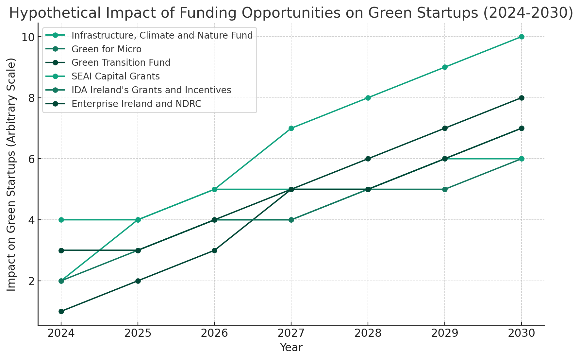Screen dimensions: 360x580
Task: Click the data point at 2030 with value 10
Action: (x=522, y=37)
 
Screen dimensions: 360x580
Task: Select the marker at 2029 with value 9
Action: (x=445, y=67)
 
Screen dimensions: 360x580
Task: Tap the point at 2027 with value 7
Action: (x=291, y=128)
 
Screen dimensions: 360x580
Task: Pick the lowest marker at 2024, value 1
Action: (x=61, y=311)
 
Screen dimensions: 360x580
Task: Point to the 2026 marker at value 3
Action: (x=214, y=250)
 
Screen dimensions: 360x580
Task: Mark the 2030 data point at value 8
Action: (x=522, y=98)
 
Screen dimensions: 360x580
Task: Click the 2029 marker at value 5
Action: (x=445, y=189)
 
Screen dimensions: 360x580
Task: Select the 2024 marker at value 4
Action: (x=61, y=220)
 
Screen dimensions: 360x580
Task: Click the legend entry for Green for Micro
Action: (x=107, y=49)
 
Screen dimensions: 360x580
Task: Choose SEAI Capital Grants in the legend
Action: (x=116, y=77)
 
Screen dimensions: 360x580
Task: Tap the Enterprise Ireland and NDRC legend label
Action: (x=136, y=104)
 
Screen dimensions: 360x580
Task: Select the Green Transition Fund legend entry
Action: (x=121, y=63)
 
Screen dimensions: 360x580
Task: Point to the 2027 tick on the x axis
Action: (x=291, y=334)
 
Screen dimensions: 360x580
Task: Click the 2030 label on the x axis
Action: (x=522, y=334)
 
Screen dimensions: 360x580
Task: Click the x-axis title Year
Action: (x=291, y=348)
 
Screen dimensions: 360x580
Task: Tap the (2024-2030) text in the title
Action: (x=527, y=13)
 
